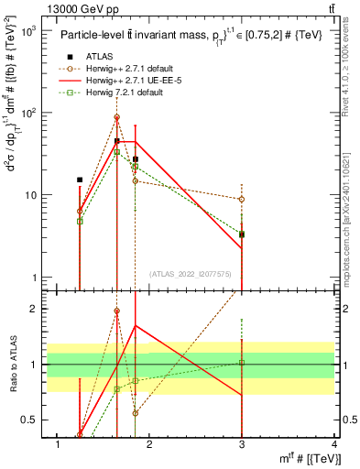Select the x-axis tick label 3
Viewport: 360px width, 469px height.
point(242,445)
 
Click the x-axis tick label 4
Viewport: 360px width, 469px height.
point(334,445)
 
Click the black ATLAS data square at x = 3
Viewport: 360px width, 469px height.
point(242,234)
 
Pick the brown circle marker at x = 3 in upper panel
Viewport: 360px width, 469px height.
point(242,199)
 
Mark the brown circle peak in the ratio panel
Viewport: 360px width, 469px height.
point(116,311)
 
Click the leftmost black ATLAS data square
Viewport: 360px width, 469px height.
point(80,180)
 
